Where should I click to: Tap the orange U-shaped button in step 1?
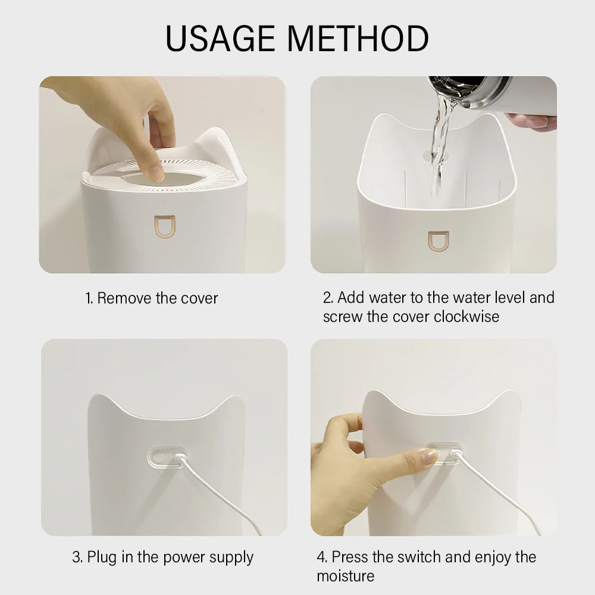[165, 227]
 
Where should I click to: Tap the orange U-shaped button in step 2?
[439, 242]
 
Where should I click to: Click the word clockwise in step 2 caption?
[466, 317]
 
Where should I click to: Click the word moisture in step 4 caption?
[345, 576]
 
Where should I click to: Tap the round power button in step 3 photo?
[158, 457]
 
